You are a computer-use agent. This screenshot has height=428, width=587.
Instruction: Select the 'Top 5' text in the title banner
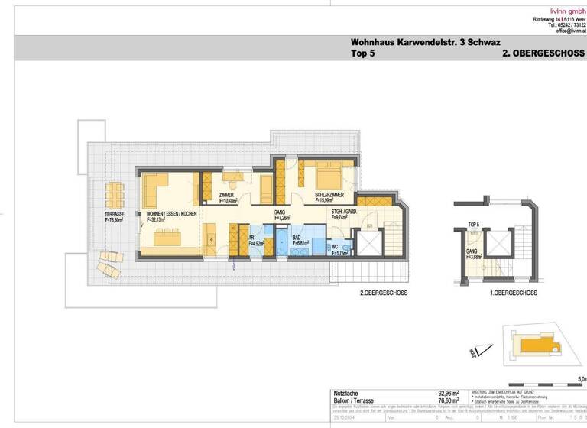365,56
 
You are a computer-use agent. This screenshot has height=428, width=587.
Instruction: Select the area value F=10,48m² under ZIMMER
228,203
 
